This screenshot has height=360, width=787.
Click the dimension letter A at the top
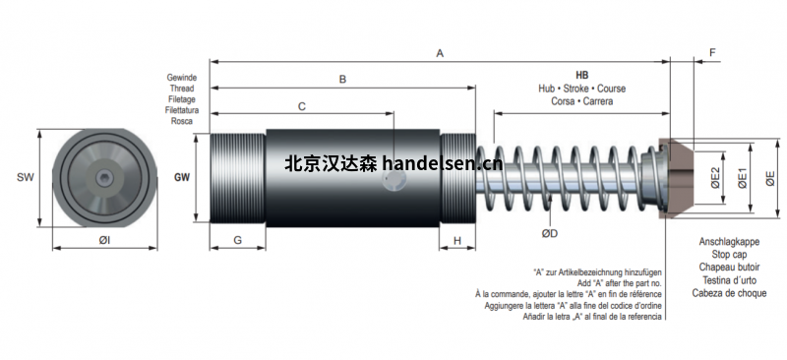click(440, 53)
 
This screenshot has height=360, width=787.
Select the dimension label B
click(342, 80)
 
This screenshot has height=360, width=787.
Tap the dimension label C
click(302, 106)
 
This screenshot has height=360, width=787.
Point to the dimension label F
click(712, 53)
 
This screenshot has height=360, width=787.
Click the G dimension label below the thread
click(237, 241)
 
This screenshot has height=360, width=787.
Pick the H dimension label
click(457, 241)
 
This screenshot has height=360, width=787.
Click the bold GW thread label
click(182, 177)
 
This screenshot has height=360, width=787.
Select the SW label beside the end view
click(26, 177)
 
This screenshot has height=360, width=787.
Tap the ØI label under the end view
click(104, 241)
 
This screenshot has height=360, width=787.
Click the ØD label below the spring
click(550, 233)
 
